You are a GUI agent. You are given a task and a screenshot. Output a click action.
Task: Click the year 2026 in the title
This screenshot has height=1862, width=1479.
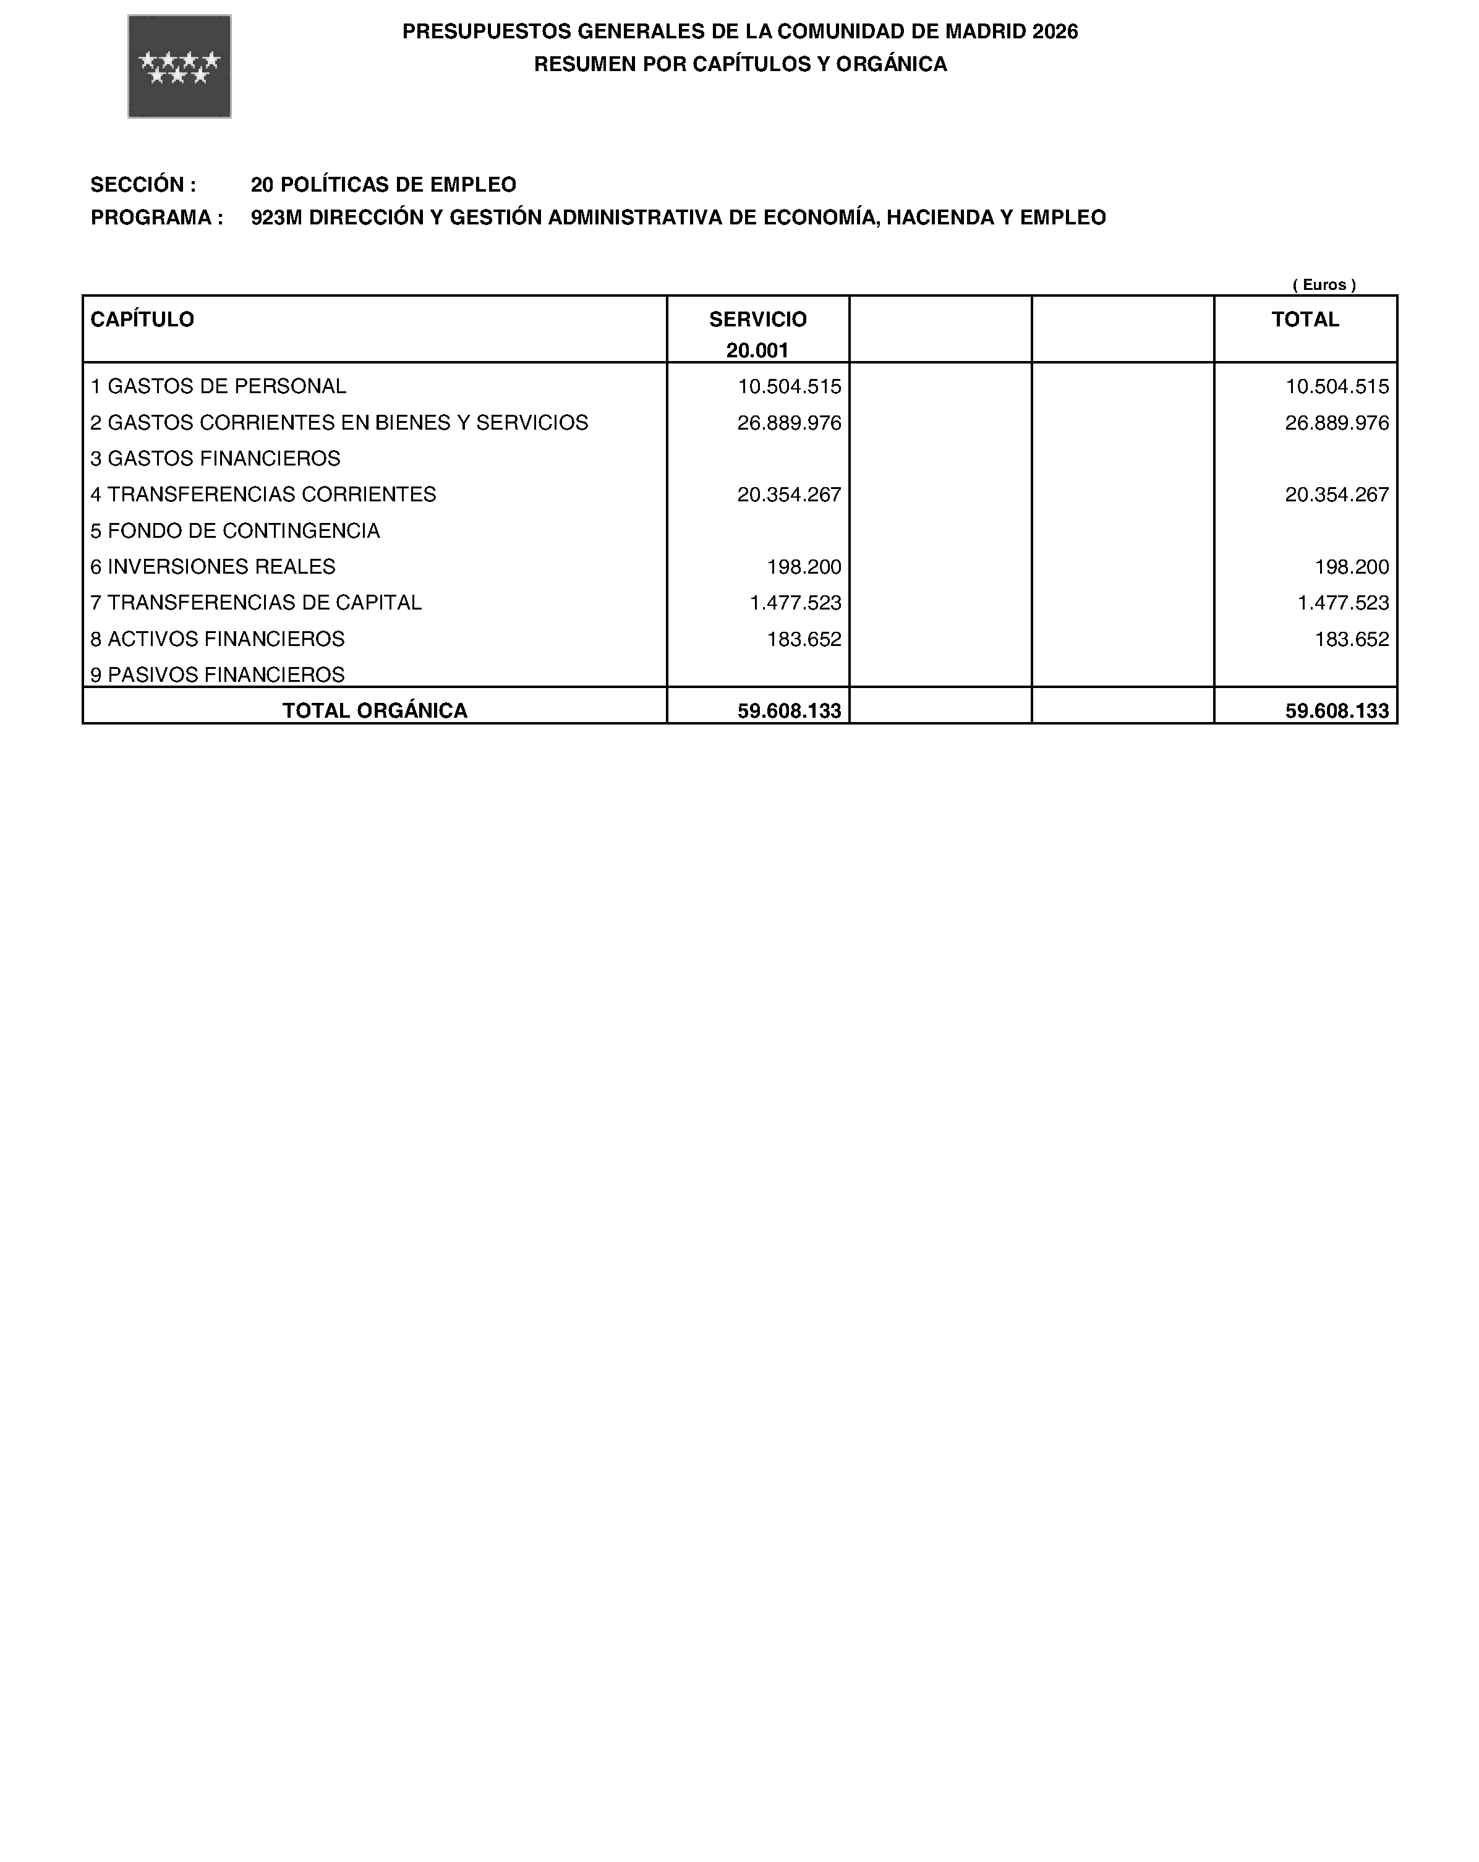pyautogui.click(x=1055, y=32)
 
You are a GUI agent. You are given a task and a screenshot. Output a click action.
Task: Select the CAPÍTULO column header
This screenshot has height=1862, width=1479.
pyautogui.click(x=143, y=320)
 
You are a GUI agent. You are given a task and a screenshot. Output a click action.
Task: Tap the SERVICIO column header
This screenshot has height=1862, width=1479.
pyautogui.click(x=757, y=320)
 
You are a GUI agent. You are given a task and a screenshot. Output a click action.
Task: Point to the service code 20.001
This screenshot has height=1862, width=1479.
pyautogui.click(x=757, y=350)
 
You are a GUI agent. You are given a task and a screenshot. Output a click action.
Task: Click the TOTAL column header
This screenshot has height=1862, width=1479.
pyautogui.click(x=1305, y=320)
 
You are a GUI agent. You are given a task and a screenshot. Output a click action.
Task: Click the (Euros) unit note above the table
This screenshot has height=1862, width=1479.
pyautogui.click(x=1324, y=284)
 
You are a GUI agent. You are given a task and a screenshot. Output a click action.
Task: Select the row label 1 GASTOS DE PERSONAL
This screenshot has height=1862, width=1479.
pyautogui.click(x=218, y=386)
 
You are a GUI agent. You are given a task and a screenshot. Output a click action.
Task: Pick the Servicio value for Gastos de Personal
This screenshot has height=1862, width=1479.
pyautogui.click(x=789, y=386)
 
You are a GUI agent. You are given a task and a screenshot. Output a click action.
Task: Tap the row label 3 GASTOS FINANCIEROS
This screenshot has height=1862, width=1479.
pyautogui.click(x=215, y=459)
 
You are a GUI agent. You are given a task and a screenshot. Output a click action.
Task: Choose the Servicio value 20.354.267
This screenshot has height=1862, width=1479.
pyautogui.click(x=789, y=495)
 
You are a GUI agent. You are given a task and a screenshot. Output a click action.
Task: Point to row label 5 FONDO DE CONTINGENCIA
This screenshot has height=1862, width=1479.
pyautogui.click(x=235, y=530)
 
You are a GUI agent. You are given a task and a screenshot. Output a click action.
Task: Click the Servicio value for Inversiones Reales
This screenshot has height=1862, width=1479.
pyautogui.click(x=803, y=566)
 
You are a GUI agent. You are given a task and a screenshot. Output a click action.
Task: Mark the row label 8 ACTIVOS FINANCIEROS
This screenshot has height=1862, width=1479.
pyautogui.click(x=217, y=639)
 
